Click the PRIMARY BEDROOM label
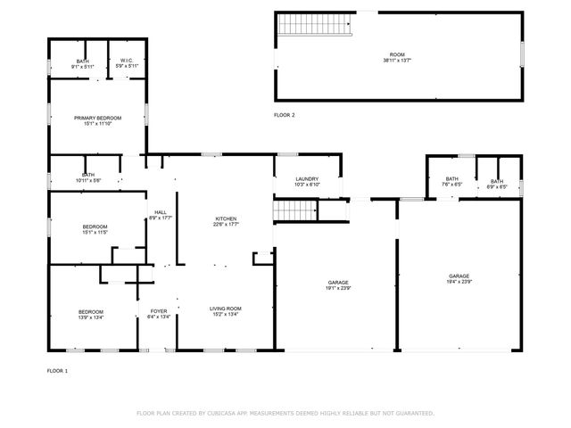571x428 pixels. click(97, 118)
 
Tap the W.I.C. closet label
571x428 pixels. click(127, 62)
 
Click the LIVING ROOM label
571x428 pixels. click(225, 309)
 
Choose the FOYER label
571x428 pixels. click(158, 311)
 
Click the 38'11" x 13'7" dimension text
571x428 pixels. click(396, 61)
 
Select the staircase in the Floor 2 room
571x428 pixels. click(296, 24)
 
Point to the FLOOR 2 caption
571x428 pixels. click(284, 116)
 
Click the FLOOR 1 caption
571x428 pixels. click(57, 370)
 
